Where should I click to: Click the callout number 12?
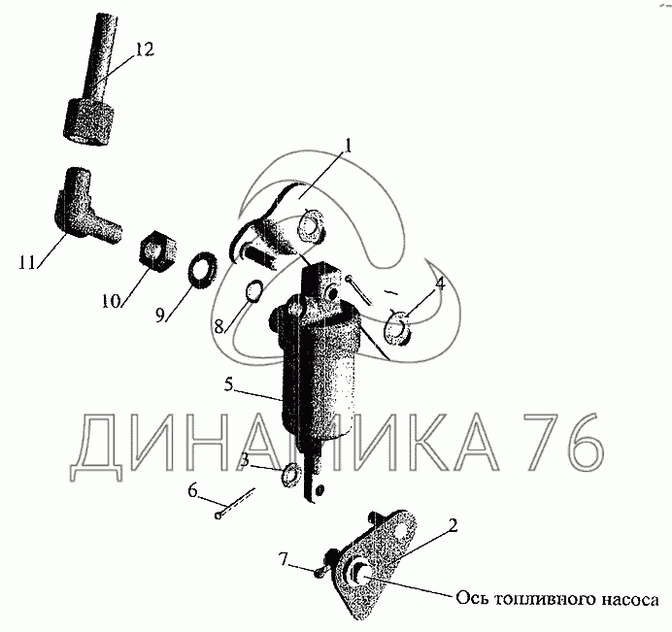(x=145, y=50)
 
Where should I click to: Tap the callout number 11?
(x=26, y=262)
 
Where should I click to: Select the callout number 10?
(x=111, y=301)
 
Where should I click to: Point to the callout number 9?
(x=159, y=316)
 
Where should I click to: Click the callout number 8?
(x=219, y=327)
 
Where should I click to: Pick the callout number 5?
(x=229, y=384)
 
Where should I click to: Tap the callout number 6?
(x=192, y=490)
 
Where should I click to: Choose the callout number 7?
(x=284, y=559)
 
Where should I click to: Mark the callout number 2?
(x=453, y=526)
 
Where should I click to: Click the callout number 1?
(x=348, y=147)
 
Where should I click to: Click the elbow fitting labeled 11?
(x=85, y=206)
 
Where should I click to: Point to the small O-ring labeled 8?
(x=253, y=291)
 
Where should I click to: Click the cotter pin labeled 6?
(x=235, y=503)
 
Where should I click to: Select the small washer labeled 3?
(x=292, y=474)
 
